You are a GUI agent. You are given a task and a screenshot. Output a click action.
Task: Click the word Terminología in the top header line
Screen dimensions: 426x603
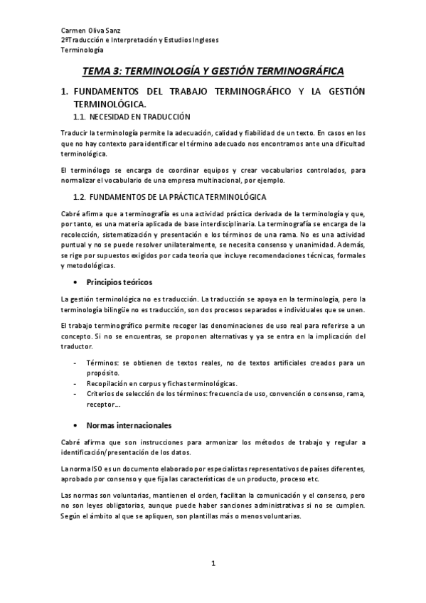[82, 50]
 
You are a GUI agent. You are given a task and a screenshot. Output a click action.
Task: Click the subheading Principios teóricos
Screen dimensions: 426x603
[119, 282]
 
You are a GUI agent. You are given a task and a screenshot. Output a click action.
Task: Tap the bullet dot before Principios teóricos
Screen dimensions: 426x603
[77, 282]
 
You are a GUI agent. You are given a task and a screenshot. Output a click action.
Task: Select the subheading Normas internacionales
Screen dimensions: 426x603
[129, 426]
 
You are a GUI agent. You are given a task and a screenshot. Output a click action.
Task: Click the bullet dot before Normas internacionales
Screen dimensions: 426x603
[77, 426]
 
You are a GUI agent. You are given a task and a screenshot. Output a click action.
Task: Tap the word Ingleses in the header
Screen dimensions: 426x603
[202, 41]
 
